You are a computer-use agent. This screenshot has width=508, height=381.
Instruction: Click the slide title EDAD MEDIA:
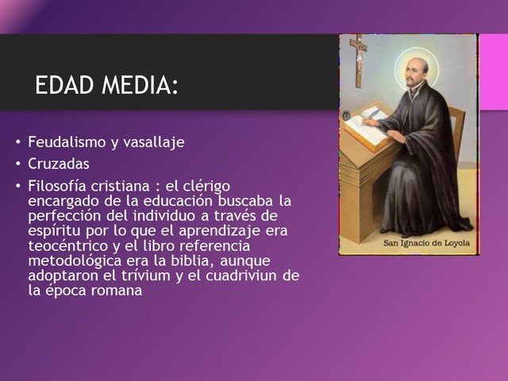(106, 86)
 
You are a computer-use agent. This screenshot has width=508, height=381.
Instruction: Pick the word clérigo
(206, 186)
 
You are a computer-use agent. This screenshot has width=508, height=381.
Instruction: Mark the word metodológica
(75, 260)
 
